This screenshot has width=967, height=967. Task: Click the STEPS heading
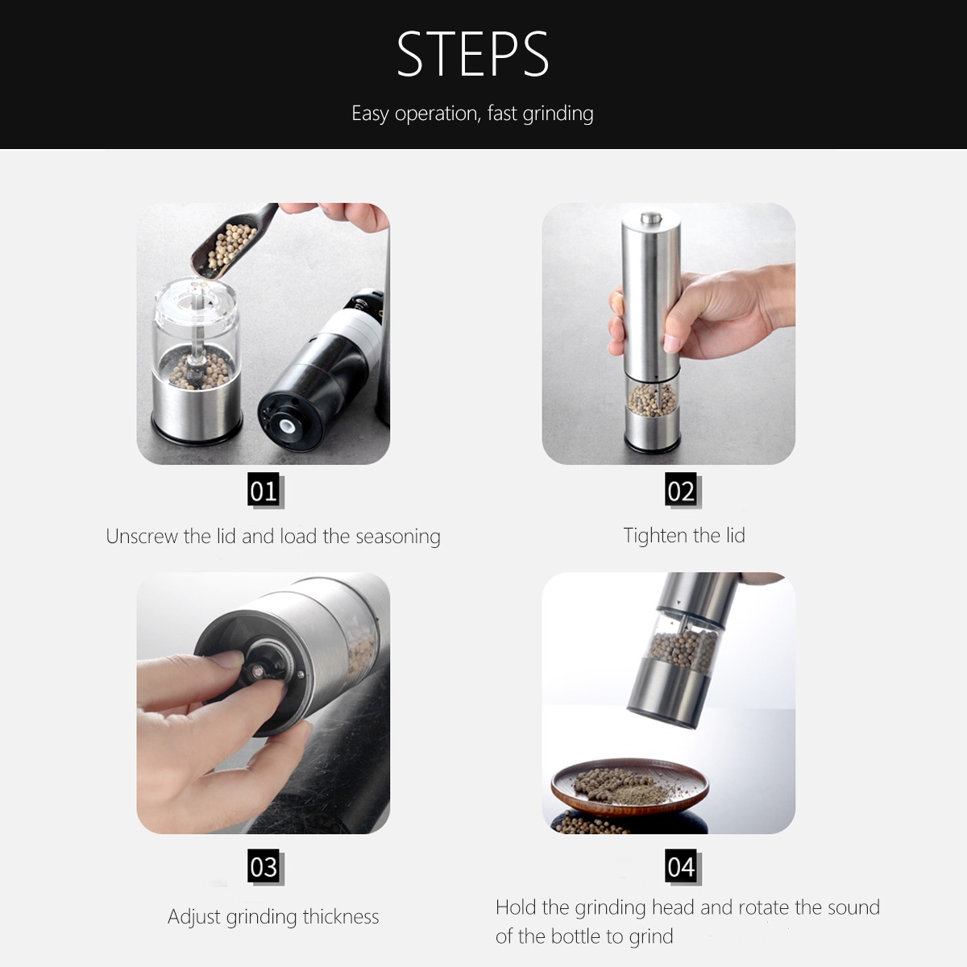pos(473,55)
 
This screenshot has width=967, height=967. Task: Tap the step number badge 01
pos(264,490)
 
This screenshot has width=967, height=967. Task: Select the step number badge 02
pos(681,490)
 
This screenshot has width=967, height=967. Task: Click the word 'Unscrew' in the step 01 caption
pos(142,537)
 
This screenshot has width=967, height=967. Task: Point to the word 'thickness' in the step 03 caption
pos(341,917)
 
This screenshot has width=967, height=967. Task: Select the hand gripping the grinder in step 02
pos(709,310)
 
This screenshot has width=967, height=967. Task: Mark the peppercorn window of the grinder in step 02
pos(651,400)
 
